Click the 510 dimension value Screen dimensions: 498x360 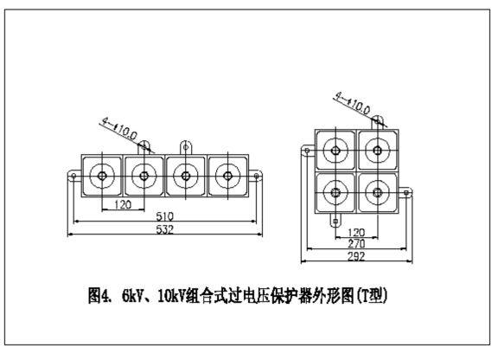[x=165, y=216]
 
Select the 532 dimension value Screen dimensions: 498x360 [x=165, y=229]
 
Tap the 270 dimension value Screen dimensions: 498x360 [x=356, y=244]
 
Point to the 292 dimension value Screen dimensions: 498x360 [x=356, y=256]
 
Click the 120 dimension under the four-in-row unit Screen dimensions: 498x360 [x=123, y=204]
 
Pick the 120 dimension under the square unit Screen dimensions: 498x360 [x=356, y=233]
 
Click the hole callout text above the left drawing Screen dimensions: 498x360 [x=119, y=128]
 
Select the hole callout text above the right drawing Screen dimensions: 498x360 [x=353, y=103]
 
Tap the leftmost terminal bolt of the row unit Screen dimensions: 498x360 [x=102, y=176]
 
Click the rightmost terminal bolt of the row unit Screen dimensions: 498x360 [x=227, y=176]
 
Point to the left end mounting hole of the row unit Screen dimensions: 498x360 [x=73, y=176]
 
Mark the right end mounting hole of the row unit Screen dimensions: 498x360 [x=257, y=176]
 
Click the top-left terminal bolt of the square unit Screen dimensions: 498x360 [x=335, y=151]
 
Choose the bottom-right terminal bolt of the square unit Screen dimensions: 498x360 [x=377, y=192]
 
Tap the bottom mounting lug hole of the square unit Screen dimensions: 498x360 [x=335, y=221]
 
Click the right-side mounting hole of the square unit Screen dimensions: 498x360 [x=405, y=192]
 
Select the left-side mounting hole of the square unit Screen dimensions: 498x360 [x=307, y=151]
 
